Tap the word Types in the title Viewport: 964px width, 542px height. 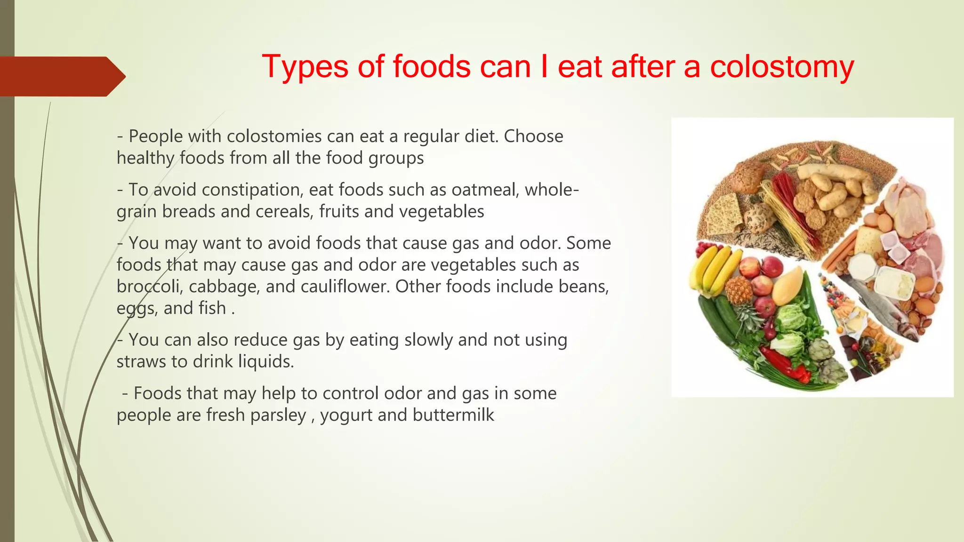click(x=305, y=67)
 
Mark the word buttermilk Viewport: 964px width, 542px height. click(x=453, y=415)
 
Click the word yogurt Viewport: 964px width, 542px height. click(x=346, y=415)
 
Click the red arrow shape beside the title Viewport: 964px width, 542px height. click(x=61, y=76)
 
